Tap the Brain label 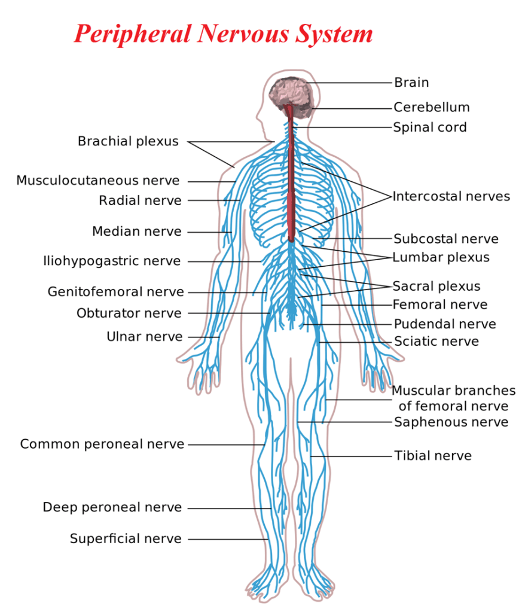[411, 83]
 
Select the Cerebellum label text [431, 108]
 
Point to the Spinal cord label [429, 127]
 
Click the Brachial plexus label [128, 142]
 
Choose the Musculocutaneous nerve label [97, 181]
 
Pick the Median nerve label [136, 232]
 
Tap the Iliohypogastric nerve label [111, 261]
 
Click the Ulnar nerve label [144, 337]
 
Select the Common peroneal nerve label [102, 444]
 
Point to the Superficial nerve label [126, 539]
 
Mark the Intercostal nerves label [451, 196]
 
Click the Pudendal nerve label [444, 324]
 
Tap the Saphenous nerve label [451, 422]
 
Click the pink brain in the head [289, 93]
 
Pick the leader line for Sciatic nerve [356, 342]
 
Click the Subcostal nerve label [445, 239]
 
